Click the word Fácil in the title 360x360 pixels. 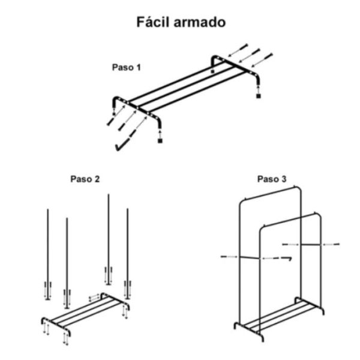pos(154,22)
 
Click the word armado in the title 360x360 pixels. pos(200,23)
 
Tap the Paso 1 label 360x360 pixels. pos(126,67)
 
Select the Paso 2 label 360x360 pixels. pos(85,179)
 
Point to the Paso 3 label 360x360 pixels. pos(272,179)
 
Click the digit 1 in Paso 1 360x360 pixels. pos(139,67)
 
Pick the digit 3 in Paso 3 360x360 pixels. pos(284,179)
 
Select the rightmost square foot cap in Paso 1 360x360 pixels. pos(258,96)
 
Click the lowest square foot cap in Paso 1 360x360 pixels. pos(160,140)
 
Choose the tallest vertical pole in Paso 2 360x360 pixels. pos(109,239)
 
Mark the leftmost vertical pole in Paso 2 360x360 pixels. pos(48,254)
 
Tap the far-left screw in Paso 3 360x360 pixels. pos(226,256)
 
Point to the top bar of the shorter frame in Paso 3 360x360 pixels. pos(290,220)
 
